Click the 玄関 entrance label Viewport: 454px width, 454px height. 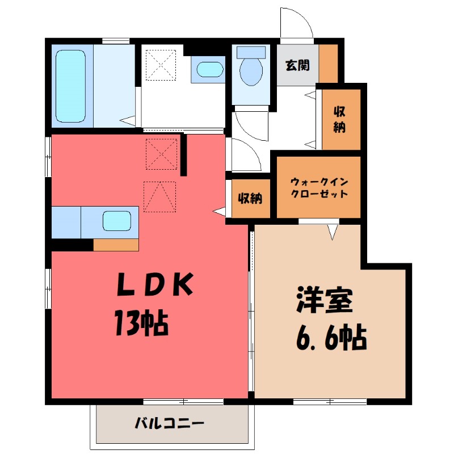coord(297,65)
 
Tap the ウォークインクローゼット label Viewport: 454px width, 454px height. coord(318,187)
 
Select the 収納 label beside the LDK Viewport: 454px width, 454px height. coord(250,199)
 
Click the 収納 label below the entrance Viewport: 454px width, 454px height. coord(339,119)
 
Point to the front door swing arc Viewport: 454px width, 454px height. coord(297,23)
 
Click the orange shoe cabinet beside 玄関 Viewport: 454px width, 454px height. coord(327,63)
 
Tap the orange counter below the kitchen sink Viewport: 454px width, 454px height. coord(116,245)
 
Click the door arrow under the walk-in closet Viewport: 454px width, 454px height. coord(333,231)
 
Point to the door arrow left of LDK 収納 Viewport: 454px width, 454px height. coord(220,212)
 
